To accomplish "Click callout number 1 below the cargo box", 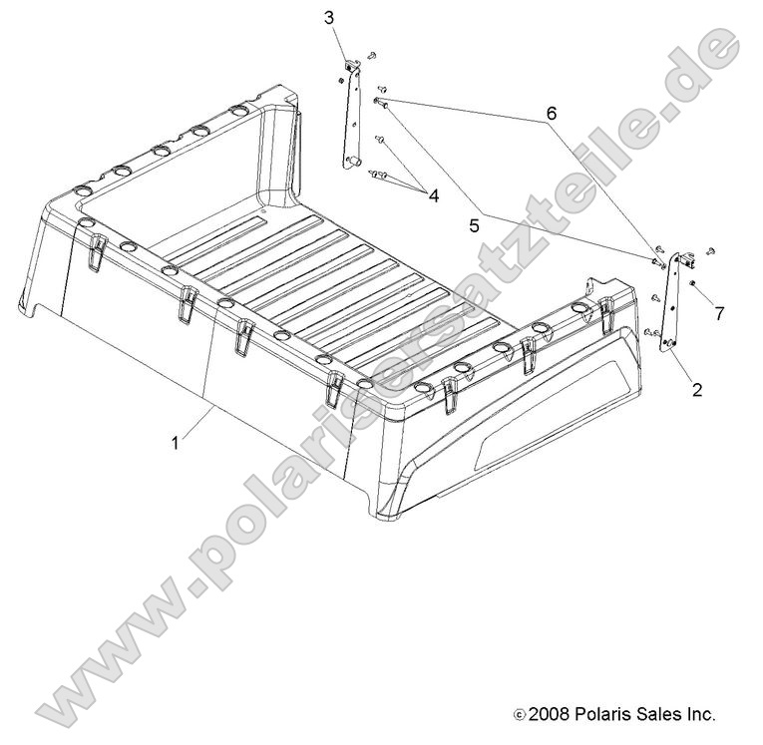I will (x=176, y=442).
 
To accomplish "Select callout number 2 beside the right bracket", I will (x=696, y=390).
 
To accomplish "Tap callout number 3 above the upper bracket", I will (x=330, y=18).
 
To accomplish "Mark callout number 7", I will (x=719, y=313).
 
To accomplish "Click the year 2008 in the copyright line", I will (x=550, y=714).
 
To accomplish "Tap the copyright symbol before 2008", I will (x=519, y=715).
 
